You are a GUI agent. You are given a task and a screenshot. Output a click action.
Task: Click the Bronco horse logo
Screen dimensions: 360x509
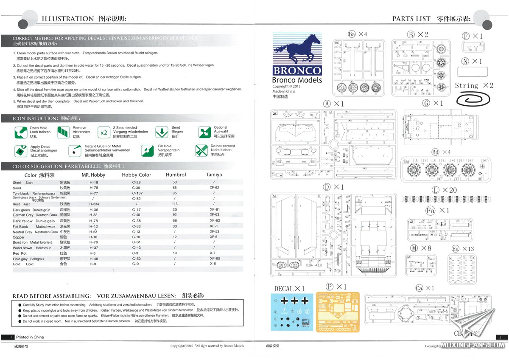(296, 50)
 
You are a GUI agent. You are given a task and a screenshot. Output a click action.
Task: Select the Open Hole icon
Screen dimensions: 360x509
(21, 132)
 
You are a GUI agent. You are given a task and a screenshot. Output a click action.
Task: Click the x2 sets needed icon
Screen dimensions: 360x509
(103, 132)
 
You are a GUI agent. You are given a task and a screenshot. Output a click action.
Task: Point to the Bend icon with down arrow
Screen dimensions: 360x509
(162, 132)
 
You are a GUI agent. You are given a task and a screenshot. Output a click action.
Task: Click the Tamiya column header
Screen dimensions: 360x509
(214, 174)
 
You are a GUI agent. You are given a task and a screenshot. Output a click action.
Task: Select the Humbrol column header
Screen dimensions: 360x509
(176, 174)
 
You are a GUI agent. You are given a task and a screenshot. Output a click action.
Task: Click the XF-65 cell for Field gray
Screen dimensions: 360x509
(214, 259)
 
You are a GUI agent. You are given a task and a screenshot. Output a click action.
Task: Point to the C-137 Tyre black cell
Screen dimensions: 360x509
(136, 193)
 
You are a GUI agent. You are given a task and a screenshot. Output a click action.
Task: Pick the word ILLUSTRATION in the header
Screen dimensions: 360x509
(67, 19)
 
